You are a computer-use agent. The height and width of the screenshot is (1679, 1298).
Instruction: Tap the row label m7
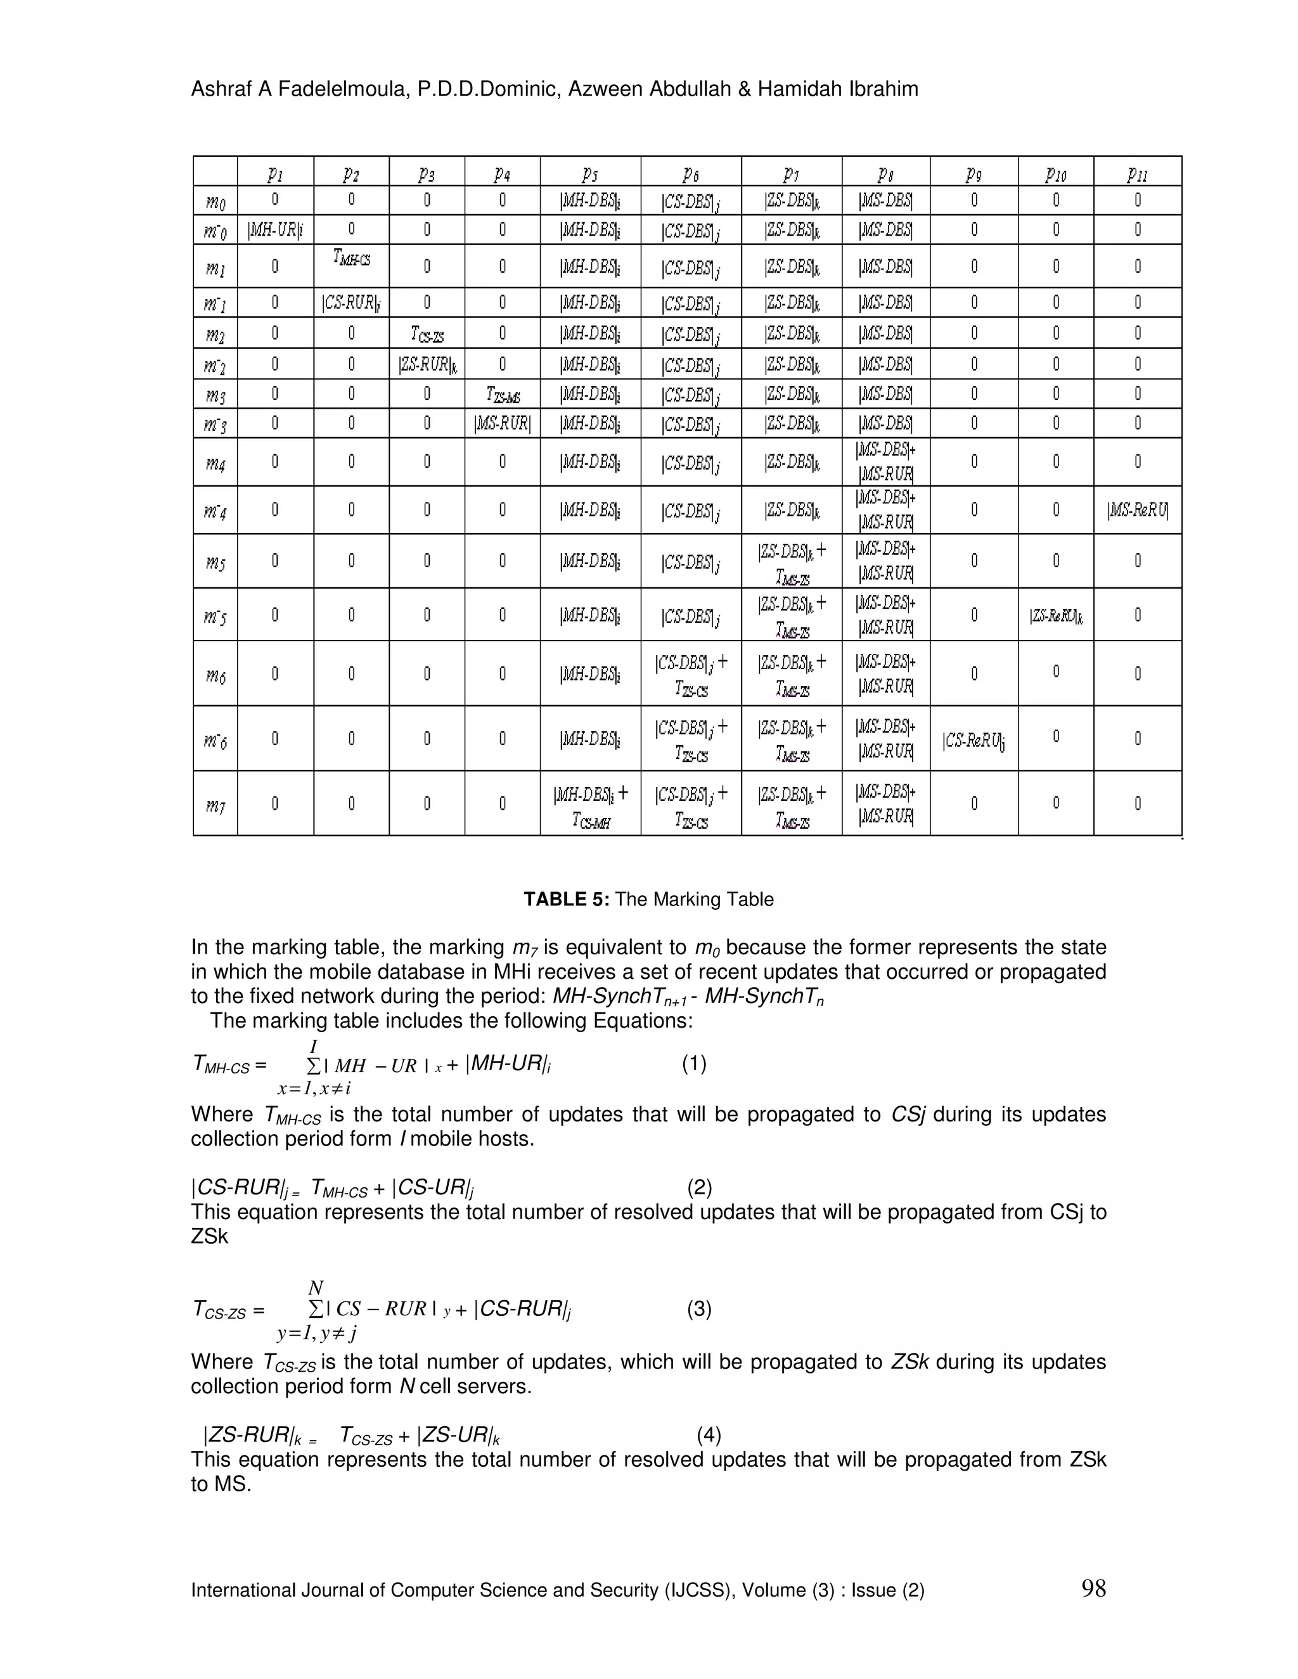coord(215,805)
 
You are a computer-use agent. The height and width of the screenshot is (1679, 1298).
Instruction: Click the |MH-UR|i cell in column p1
coord(275,230)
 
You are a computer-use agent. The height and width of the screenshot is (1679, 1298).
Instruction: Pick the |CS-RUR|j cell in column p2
coord(350,303)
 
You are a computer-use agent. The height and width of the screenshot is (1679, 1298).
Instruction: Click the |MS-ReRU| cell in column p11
coord(1136,509)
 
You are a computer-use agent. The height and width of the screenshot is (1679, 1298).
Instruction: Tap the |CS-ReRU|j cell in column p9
coord(973,740)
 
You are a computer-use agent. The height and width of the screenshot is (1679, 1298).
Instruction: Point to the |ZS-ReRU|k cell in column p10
coord(1055,615)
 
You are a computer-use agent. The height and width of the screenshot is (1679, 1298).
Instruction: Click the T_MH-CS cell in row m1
coord(351,259)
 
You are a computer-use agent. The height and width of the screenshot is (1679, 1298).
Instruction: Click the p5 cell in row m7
coord(590,805)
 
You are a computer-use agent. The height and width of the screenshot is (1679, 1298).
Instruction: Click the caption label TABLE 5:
coord(566,900)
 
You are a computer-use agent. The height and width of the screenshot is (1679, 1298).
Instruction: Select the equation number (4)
coord(708,1435)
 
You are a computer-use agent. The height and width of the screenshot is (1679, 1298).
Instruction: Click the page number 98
coord(1093,1588)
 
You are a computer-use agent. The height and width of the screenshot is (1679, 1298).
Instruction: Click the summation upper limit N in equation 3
coord(315,1287)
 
